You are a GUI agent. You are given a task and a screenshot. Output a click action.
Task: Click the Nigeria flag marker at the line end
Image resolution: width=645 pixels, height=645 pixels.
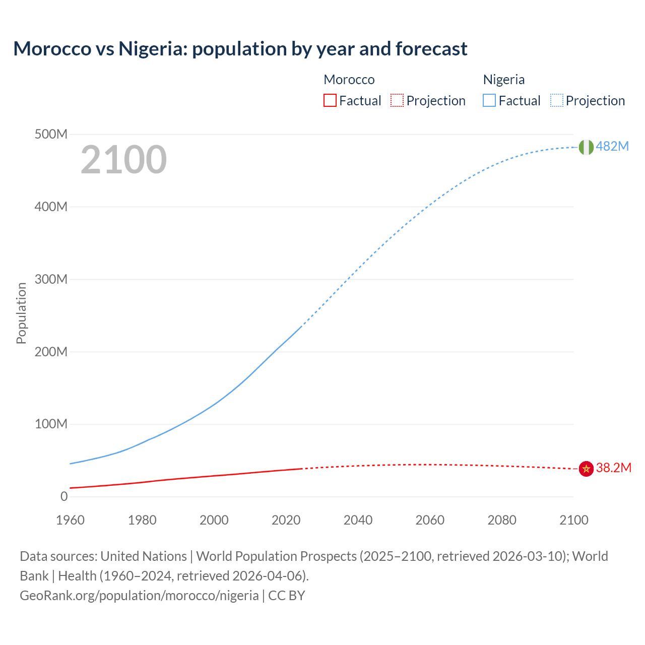click(x=586, y=147)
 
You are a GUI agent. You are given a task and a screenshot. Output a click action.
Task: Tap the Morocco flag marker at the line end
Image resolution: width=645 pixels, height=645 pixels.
click(x=586, y=469)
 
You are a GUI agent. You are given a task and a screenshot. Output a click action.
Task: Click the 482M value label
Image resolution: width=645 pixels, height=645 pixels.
click(x=612, y=146)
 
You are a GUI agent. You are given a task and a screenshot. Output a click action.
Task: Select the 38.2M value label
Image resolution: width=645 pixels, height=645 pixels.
click(x=613, y=468)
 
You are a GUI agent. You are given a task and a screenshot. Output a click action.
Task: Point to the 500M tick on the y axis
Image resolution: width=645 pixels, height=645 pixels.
click(x=51, y=134)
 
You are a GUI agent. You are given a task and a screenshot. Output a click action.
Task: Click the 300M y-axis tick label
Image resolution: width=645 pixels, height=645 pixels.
click(x=51, y=279)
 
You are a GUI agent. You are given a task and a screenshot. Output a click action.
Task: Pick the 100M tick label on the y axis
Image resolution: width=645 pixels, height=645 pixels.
click(x=51, y=424)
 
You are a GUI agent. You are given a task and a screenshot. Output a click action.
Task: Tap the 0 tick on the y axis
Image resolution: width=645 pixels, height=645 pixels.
click(x=64, y=496)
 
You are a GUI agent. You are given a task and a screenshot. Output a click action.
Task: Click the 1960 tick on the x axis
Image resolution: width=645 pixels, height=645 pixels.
click(x=70, y=520)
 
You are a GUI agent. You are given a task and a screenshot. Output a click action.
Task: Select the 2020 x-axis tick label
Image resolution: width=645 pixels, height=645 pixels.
click(x=286, y=520)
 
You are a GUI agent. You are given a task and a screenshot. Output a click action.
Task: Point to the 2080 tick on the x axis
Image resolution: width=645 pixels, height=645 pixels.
click(x=501, y=520)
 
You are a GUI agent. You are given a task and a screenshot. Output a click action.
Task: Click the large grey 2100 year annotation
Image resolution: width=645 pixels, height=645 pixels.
click(x=123, y=160)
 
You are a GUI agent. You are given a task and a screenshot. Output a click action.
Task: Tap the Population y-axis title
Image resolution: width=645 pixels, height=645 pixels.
click(x=21, y=313)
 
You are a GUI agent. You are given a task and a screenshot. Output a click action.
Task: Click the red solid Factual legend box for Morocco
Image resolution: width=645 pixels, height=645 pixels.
click(x=330, y=100)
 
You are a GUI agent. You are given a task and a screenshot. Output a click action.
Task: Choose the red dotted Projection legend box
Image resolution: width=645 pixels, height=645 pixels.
click(x=397, y=100)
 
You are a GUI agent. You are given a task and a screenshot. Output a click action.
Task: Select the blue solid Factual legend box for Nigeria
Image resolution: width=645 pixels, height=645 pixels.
click(x=489, y=100)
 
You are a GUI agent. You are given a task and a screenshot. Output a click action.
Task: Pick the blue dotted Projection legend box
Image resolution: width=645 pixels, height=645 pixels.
click(x=556, y=100)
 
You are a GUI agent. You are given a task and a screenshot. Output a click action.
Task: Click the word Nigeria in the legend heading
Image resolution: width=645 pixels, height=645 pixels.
click(x=503, y=80)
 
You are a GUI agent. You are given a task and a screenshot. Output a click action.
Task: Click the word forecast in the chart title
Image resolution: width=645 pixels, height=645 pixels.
click(x=431, y=48)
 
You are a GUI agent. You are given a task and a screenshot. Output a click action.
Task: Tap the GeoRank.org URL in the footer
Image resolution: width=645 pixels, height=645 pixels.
click(x=139, y=595)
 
